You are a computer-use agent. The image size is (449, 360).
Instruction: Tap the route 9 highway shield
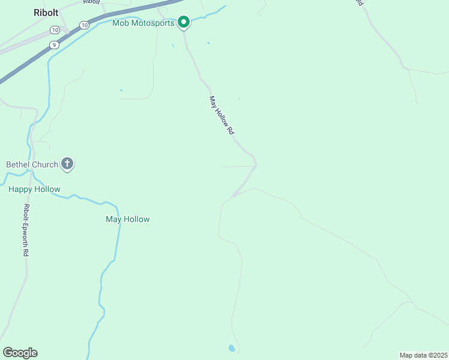55,44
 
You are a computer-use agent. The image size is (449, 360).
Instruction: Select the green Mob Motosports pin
183,22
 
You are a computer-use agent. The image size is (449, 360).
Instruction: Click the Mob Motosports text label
143,23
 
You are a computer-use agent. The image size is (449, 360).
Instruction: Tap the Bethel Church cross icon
67,164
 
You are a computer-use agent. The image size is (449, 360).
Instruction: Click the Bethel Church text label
32,164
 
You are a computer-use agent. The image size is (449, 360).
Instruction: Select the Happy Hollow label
34,189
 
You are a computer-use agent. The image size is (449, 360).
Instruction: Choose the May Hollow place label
127,219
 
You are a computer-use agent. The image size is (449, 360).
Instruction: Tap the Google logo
20,353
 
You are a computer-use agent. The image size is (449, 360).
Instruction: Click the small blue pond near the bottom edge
232,348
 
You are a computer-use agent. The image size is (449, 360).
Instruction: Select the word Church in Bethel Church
46,164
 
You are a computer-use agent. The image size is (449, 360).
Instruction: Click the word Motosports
153,23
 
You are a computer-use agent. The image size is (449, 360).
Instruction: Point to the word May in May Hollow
113,219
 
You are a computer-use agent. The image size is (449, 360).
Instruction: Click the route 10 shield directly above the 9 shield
55,30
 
